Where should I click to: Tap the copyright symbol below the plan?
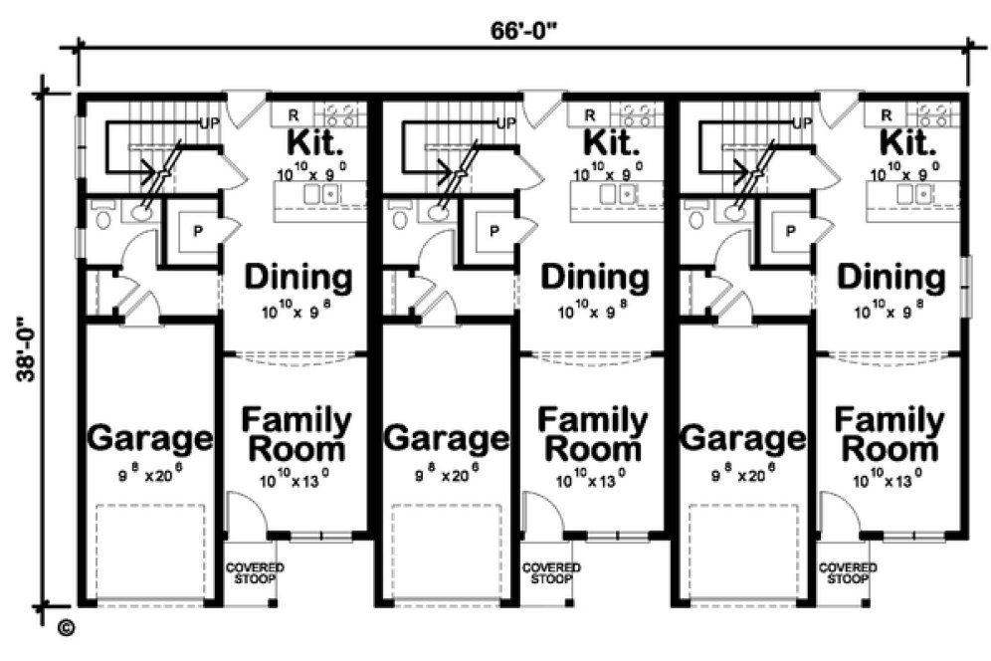click(x=67, y=627)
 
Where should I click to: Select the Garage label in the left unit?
click(x=150, y=438)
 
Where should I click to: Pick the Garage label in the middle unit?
click(x=447, y=438)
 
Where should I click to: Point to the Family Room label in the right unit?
click(x=890, y=434)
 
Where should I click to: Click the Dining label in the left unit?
click(x=297, y=278)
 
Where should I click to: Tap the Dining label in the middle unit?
click(x=594, y=278)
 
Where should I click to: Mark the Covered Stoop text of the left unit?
click(x=255, y=572)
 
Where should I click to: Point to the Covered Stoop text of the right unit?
click(x=848, y=572)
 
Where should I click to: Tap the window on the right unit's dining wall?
click(x=964, y=286)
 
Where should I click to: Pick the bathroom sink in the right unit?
click(x=734, y=210)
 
